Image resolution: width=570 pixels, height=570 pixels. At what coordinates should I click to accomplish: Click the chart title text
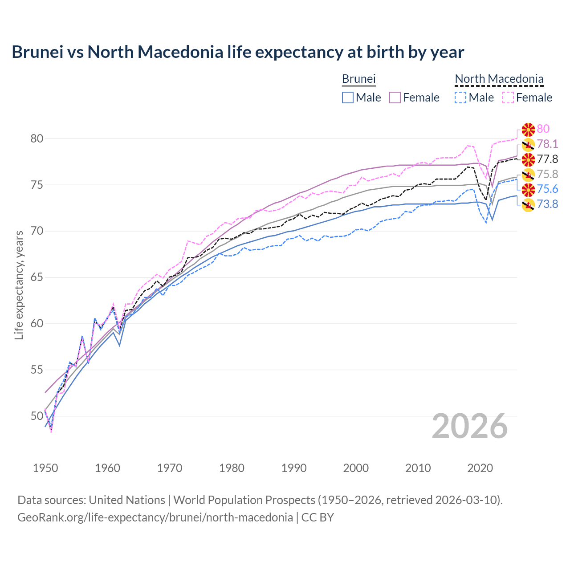(238, 52)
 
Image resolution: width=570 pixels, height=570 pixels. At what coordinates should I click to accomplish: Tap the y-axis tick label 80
(37, 138)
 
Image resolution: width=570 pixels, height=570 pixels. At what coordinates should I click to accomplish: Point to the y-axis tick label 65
(37, 277)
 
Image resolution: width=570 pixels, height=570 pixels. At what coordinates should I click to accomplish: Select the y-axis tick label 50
(37, 416)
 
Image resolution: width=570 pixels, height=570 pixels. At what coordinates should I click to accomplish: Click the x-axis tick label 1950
(45, 468)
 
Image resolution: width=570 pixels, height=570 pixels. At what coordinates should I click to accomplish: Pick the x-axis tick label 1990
(294, 468)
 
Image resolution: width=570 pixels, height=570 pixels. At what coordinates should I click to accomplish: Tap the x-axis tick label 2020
(480, 468)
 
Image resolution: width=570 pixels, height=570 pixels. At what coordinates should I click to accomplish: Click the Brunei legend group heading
(358, 79)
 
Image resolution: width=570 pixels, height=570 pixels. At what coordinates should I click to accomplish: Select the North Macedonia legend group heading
(499, 79)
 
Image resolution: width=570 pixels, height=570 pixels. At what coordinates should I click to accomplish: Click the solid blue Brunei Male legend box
(348, 98)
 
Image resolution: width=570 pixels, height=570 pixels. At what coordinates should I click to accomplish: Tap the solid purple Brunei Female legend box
(395, 98)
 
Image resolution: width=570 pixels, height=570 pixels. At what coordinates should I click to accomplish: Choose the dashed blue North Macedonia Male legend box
(460, 98)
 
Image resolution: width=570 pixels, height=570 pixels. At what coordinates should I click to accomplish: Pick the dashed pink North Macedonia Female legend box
(508, 98)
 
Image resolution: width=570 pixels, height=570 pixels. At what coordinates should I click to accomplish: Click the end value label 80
(543, 129)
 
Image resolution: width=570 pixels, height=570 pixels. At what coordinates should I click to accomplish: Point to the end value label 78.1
(547, 144)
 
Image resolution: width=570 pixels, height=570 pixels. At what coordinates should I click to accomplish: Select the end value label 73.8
(547, 204)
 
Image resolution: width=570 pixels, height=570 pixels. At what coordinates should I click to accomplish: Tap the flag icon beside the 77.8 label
(528, 159)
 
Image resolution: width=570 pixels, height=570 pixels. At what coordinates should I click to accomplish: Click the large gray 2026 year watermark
(469, 426)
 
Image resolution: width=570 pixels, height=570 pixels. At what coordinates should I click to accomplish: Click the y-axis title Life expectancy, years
(19, 285)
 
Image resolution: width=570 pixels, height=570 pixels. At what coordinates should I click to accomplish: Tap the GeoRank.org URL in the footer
(155, 517)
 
